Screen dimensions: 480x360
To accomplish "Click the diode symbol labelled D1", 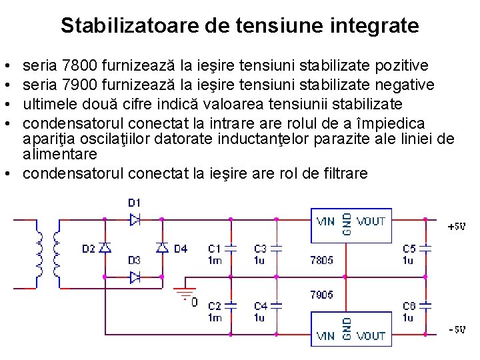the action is tap(135, 219).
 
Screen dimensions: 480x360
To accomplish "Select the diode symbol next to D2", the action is tap(105, 247).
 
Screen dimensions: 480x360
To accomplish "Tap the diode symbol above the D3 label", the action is tap(135, 276).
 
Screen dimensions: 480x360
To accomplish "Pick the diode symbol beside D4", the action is tap(162, 247).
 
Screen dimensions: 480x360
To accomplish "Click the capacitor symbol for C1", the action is tap(231, 247).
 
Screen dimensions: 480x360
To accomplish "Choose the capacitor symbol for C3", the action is tap(277, 247).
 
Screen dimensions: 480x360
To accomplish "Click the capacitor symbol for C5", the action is tap(426, 247).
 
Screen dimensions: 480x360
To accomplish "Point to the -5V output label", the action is tap(457, 330).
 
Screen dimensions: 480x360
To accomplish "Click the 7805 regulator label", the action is tap(321, 261).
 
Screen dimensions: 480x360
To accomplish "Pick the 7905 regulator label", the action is tap(321, 294).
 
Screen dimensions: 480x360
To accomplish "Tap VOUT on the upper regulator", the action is tap(371, 221).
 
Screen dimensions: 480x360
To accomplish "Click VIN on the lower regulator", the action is tap(325, 336).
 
